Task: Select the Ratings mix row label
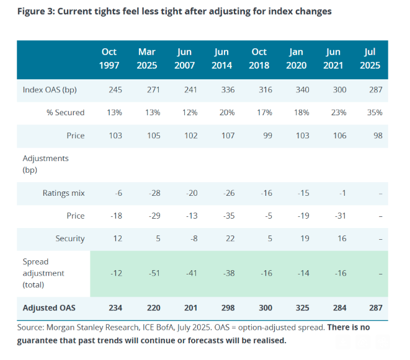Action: (65, 193)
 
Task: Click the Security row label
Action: (69, 239)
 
